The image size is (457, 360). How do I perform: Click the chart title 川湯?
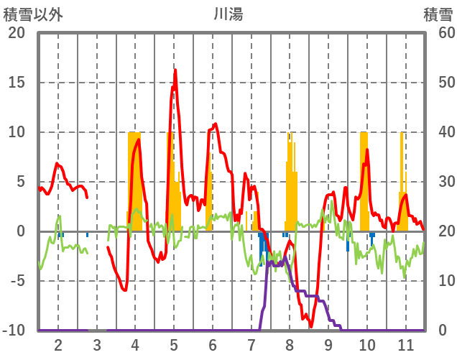[228, 14]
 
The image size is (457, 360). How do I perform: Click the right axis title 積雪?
[438, 14]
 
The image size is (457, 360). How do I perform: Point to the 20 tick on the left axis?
[17, 33]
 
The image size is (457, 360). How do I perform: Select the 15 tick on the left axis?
[17, 83]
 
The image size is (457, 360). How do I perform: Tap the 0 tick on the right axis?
[442, 331]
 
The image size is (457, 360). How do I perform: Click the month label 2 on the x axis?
[58, 344]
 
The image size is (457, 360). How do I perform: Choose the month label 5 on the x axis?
[174, 344]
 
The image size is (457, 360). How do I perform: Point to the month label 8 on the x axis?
[290, 344]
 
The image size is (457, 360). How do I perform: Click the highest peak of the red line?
[175, 70]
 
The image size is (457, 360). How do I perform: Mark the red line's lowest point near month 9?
[311, 326]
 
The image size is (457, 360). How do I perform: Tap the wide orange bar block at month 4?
[134, 180]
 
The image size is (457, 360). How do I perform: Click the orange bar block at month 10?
[364, 180]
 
